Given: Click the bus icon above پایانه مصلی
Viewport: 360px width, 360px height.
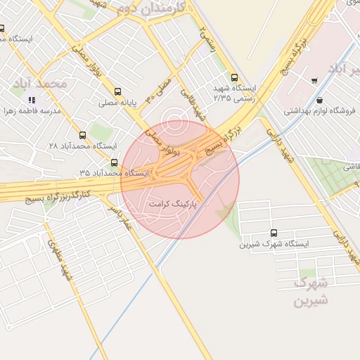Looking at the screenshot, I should coord(117,91).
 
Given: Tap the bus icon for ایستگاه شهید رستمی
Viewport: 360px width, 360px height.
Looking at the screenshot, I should coord(234,78).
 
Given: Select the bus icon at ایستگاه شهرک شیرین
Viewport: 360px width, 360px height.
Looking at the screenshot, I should coord(274,233).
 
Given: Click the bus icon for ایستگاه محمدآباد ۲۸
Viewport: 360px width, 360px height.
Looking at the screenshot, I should coord(83,135).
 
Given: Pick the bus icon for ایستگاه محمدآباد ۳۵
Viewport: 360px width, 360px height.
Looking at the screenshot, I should coord(114,162).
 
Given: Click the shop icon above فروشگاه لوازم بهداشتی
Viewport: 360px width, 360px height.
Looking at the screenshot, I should coord(320,100).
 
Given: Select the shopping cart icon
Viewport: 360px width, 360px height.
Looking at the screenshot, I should coord(313,80).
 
